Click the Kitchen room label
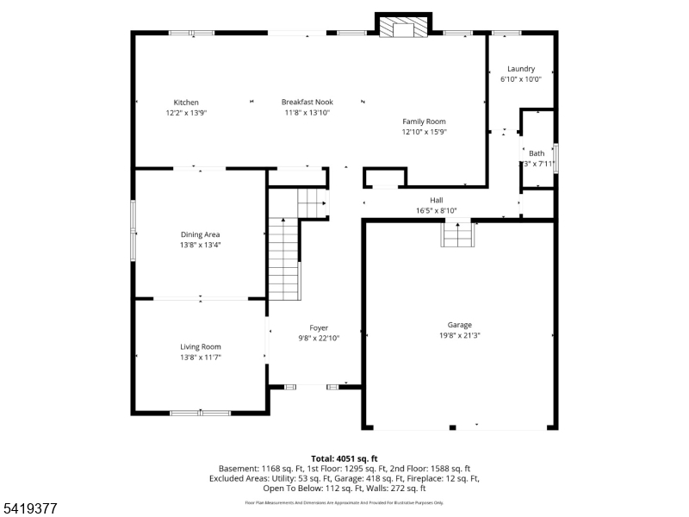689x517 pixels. pyautogui.click(x=186, y=103)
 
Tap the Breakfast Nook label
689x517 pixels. pyautogui.click(x=307, y=103)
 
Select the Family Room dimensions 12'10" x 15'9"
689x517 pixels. pyautogui.click(x=424, y=132)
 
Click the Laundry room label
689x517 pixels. pyautogui.click(x=521, y=69)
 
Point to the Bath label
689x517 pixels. pyautogui.click(x=537, y=153)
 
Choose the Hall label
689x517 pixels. pyautogui.click(x=436, y=200)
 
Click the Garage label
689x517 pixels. pyautogui.click(x=459, y=325)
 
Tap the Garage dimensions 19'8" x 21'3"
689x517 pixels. pyautogui.click(x=459, y=335)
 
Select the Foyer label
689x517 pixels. pyautogui.click(x=319, y=328)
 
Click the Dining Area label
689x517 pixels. pyautogui.click(x=200, y=234)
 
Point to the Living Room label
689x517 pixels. pyautogui.click(x=200, y=346)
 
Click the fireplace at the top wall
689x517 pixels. pyautogui.click(x=404, y=28)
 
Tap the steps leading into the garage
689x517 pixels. pyautogui.click(x=458, y=234)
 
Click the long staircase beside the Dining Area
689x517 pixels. pyautogui.click(x=282, y=258)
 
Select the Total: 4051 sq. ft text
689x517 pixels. pyautogui.click(x=344, y=458)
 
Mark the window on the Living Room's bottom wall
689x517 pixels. pyautogui.click(x=200, y=413)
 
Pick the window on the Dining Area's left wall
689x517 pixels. pyautogui.click(x=133, y=229)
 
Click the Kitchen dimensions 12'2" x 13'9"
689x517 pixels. pyautogui.click(x=186, y=113)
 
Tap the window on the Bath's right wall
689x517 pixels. pyautogui.click(x=556, y=159)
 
